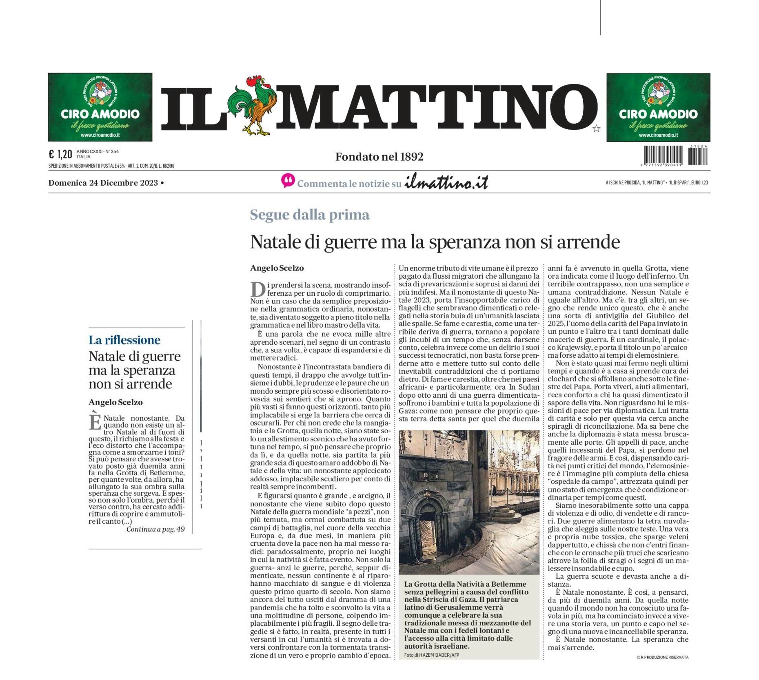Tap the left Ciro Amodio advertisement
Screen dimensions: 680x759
100,107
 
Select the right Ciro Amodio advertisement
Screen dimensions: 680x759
658,107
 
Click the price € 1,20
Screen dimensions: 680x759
60,154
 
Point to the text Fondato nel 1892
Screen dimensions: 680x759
379,157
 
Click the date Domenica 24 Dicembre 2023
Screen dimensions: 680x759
103,183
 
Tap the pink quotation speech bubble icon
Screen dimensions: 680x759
288,181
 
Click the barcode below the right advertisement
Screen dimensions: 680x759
676,156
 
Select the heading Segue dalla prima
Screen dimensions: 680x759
309,215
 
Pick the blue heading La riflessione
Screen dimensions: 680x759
124,340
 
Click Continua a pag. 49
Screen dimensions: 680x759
155,529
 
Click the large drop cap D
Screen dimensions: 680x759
257,289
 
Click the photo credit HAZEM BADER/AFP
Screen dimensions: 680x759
431,655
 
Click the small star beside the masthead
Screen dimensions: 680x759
596,129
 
